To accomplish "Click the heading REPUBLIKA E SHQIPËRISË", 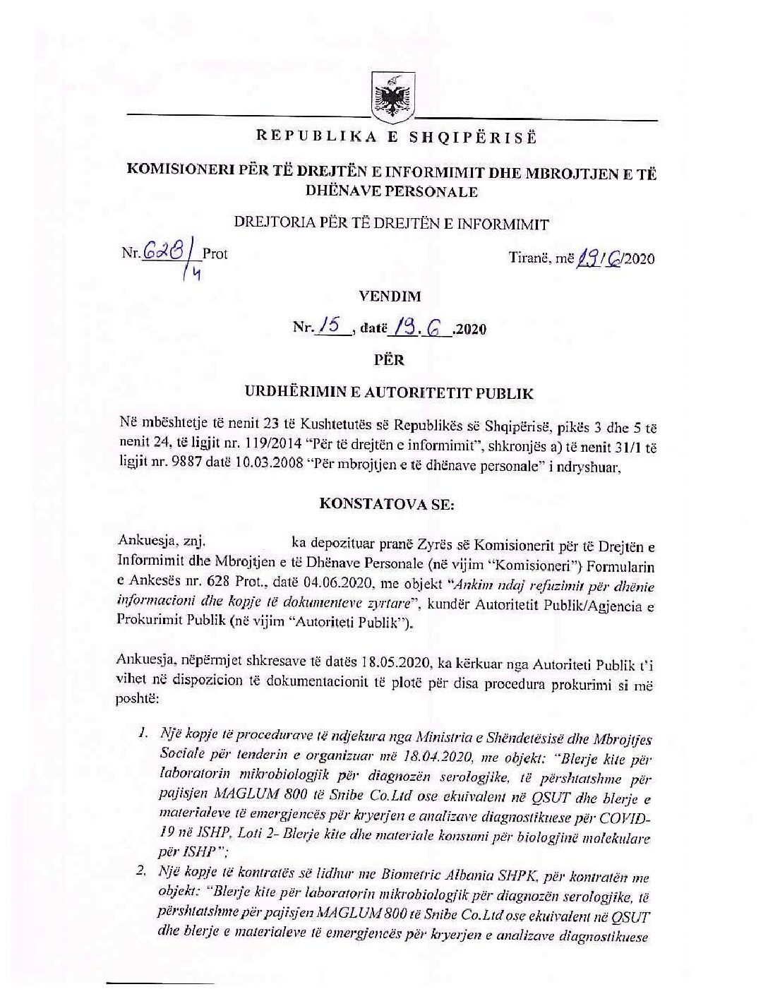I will point(396,137).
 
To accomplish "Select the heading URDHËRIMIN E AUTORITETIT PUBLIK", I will point(394,393).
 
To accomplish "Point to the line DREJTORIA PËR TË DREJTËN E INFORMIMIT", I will point(392,224).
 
